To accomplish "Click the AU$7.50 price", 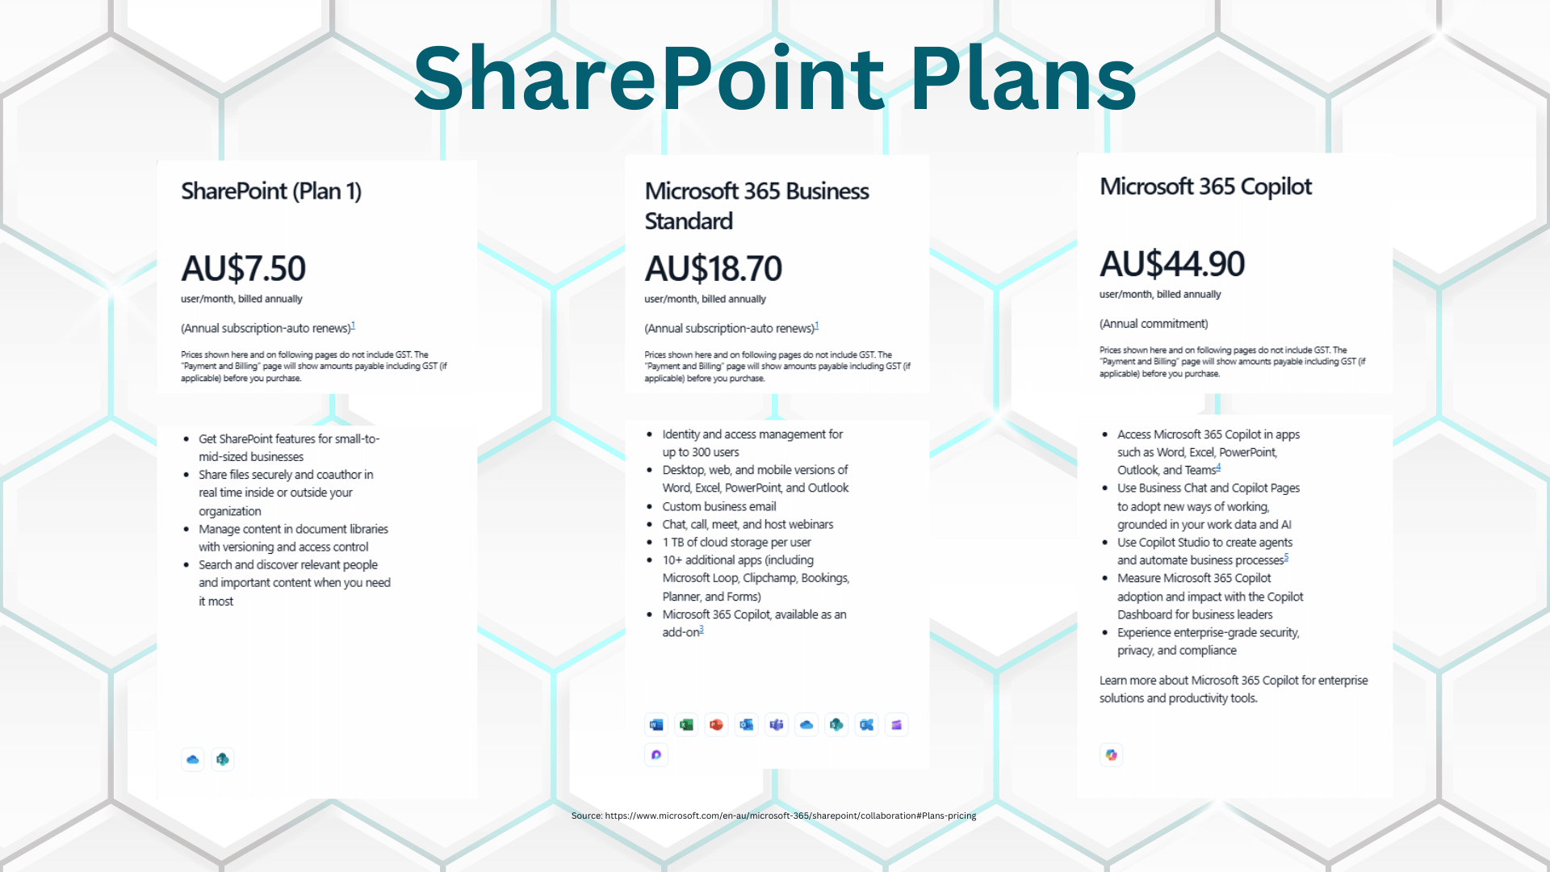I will pos(243,269).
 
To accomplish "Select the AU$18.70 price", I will pos(713,269).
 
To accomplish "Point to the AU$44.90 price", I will pos(1171,264).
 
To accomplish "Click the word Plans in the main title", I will pos(1023,78).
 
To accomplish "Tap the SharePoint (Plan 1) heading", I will pos(270,191).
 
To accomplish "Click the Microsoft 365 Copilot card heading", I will pos(1205,187).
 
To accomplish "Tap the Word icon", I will pos(656,725).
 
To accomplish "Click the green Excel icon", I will pos(686,725).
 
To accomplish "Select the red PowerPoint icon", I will pos(716,725).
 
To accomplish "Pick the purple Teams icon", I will pos(777,725).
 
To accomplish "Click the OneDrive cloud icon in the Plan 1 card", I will pos(192,759).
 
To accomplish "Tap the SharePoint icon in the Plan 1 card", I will pos(223,759).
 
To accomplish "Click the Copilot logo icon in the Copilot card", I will pos(1112,755).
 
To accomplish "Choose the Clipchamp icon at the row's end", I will pos(896,725).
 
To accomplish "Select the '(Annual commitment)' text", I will pos(1153,324).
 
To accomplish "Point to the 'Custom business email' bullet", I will pos(718,506).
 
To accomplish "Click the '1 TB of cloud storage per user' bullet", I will pos(736,543).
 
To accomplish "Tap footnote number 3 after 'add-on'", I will pos(702,630).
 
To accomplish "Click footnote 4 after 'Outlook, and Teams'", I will pos(1218,467).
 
